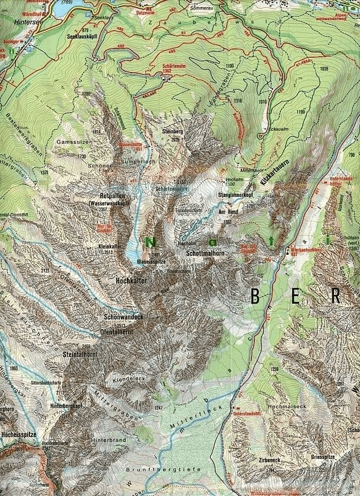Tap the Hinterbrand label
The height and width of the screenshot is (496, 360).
coord(104,440)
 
